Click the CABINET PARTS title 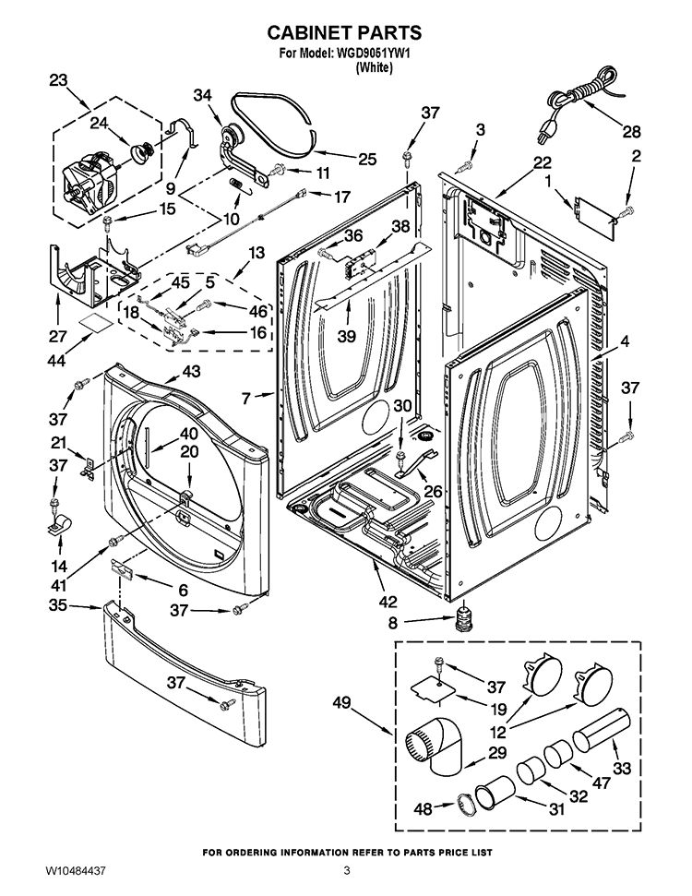[x=345, y=32]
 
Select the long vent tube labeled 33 [x=601, y=729]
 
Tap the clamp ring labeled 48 [x=466, y=806]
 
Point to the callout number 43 [x=191, y=371]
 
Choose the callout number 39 [x=346, y=337]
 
